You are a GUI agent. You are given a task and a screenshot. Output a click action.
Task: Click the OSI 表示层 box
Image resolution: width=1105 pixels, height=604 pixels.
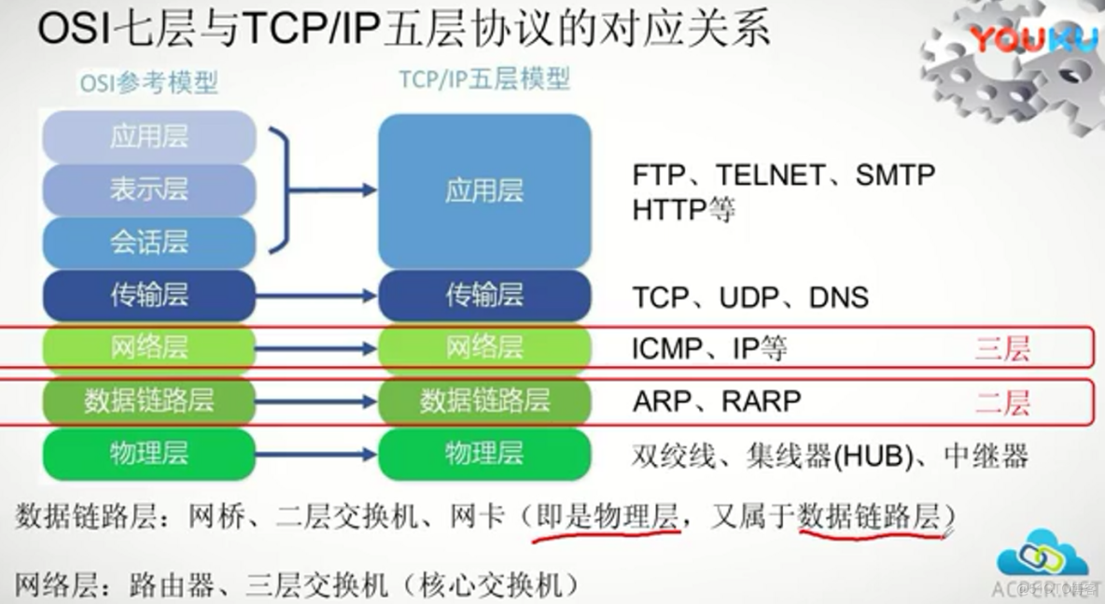pyautogui.click(x=148, y=190)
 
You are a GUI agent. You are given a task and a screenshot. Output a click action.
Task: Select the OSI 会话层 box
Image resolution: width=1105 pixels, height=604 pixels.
pyautogui.click(x=148, y=243)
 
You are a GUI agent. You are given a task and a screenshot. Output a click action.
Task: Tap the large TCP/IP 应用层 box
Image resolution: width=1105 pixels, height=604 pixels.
pyautogui.click(x=484, y=190)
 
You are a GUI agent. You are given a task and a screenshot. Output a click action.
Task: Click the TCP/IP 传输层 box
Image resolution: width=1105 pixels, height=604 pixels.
pyautogui.click(x=484, y=295)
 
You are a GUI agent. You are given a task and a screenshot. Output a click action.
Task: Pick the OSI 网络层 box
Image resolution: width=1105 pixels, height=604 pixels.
pyautogui.click(x=148, y=348)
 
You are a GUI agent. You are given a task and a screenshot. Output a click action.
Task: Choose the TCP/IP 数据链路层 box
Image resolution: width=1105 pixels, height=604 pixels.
pyautogui.click(x=484, y=401)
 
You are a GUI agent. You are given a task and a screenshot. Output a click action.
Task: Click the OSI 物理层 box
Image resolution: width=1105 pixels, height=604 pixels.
pyautogui.click(x=148, y=454)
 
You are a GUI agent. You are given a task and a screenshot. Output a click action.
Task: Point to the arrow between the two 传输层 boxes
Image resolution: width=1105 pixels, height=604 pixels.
pyautogui.click(x=316, y=295)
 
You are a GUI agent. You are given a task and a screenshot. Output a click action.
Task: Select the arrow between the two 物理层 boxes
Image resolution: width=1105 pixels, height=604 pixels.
pyautogui.click(x=316, y=454)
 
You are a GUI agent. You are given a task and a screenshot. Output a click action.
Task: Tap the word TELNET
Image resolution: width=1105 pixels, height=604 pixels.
pyautogui.click(x=770, y=175)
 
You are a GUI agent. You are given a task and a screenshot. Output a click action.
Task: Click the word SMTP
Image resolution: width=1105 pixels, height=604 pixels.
pyautogui.click(x=895, y=175)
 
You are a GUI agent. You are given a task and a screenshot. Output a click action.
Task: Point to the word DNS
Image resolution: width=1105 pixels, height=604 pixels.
pyautogui.click(x=839, y=298)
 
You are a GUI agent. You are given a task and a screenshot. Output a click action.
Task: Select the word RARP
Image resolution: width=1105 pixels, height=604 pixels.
pyautogui.click(x=762, y=401)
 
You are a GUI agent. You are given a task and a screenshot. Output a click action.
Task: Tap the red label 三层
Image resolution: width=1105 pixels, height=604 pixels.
pyautogui.click(x=1002, y=349)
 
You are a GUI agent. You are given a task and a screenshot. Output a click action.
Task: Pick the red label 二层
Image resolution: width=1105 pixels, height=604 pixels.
pyautogui.click(x=1002, y=402)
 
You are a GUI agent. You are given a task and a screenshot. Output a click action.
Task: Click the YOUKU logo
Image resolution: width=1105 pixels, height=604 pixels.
pyautogui.click(x=1034, y=39)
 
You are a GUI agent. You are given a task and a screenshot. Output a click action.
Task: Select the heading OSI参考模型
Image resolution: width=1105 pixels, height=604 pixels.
pyautogui.click(x=148, y=83)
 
